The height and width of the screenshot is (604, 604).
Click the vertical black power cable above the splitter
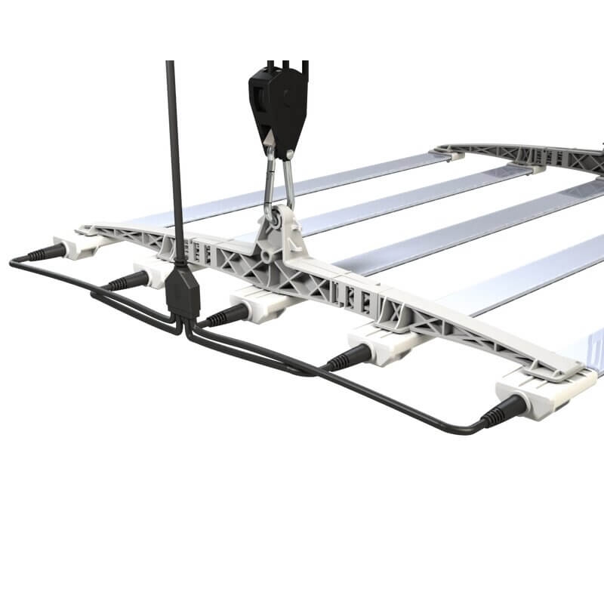(173, 151)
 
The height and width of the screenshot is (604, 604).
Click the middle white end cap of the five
(257, 305)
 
